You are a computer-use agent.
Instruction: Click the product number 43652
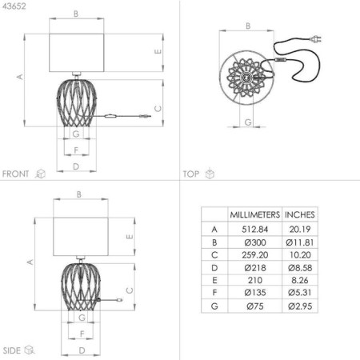(14, 6)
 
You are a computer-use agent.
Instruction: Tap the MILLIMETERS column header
(255, 214)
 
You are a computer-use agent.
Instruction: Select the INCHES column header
(300, 214)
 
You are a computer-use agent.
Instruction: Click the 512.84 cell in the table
(255, 229)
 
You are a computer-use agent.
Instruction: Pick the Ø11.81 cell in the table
(300, 242)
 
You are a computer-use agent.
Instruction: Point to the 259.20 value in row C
(255, 255)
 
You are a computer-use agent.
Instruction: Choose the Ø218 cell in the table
(255, 268)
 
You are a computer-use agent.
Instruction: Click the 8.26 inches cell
(300, 280)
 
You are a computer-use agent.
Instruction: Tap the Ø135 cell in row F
(255, 293)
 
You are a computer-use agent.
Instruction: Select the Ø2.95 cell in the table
(300, 306)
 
